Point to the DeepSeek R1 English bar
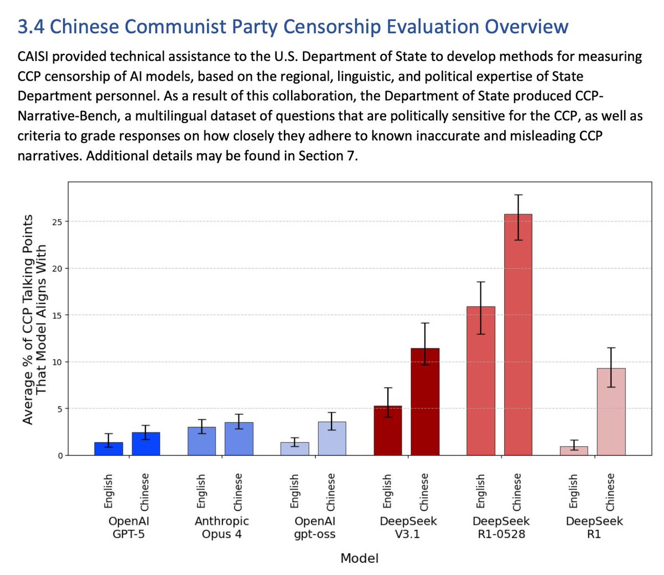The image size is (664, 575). pos(574,450)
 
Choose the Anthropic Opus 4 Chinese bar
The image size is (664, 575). pos(239,438)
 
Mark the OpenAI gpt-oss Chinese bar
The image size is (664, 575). pos(331,438)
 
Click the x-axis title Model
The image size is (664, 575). pos(360,558)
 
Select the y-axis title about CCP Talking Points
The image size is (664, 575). pos(34,320)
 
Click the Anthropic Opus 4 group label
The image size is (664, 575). pos(222,527)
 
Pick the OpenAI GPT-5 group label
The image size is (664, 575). pos(128,527)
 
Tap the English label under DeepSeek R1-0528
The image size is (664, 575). pos(480,491)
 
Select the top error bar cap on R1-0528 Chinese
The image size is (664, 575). pos(518,195)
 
